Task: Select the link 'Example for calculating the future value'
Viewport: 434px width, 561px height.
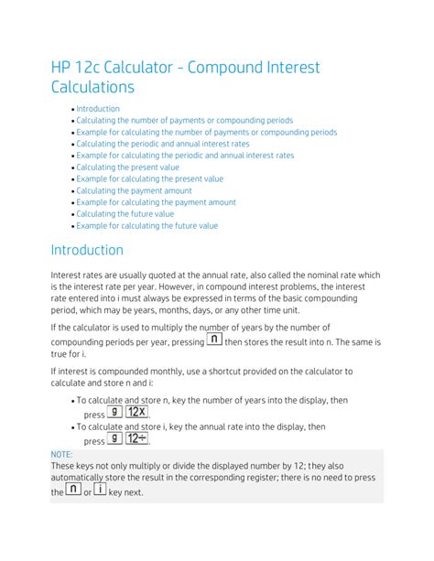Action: coord(147,225)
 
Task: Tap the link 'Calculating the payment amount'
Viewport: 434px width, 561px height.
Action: coord(135,190)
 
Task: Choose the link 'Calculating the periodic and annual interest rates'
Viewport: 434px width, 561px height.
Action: coord(163,144)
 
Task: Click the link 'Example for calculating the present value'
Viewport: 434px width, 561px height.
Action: coord(150,179)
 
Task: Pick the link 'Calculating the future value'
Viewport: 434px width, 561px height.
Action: coord(125,214)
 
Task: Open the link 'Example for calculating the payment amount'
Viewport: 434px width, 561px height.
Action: coord(156,202)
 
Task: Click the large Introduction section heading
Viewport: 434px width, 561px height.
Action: coord(87,250)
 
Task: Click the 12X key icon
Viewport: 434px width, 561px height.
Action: coord(138,412)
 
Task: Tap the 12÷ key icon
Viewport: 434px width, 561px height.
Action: coord(138,438)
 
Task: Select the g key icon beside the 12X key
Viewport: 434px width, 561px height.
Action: coord(114,412)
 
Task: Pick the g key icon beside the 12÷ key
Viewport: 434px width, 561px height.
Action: coord(114,438)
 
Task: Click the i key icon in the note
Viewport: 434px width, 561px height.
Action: coord(100,491)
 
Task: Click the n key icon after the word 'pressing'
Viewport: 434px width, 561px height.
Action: coord(213,340)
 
